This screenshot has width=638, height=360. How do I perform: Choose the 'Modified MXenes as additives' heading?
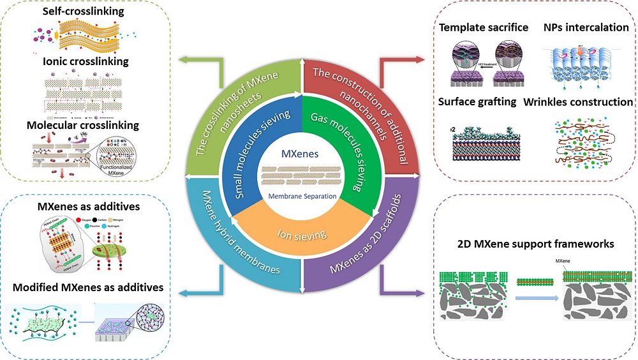pos(89,287)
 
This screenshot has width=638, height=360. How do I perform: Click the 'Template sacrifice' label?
pos(484,28)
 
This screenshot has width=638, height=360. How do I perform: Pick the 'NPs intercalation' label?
pos(586,28)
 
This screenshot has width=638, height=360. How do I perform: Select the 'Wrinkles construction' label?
pos(578,102)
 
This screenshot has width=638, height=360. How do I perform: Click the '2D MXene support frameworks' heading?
pos(536,244)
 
